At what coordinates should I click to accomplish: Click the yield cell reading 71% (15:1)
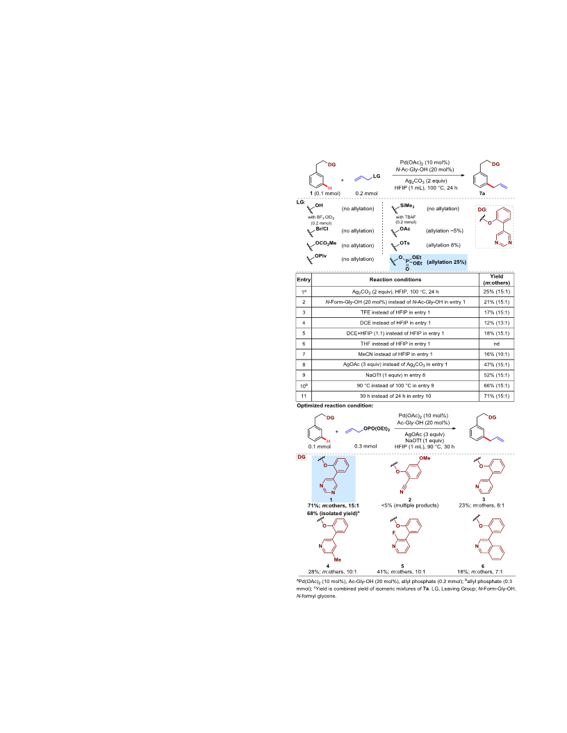(496, 396)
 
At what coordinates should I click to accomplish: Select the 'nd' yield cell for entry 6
(496, 344)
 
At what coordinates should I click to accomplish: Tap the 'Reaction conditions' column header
(395, 280)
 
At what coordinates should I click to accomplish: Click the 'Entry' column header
(304, 280)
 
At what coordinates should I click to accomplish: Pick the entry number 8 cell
(304, 364)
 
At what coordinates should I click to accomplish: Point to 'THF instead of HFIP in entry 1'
(395, 344)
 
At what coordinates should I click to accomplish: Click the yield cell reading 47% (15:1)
(496, 364)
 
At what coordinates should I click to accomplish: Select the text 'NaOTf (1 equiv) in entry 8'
(395, 375)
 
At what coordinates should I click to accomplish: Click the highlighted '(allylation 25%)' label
(446, 262)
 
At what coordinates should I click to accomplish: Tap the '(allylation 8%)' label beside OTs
(443, 245)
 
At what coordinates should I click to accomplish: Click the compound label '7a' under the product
(482, 193)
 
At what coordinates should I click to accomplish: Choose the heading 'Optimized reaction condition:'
(335, 406)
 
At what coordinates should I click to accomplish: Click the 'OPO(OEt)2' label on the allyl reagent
(377, 429)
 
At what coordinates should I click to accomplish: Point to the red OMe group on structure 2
(425, 458)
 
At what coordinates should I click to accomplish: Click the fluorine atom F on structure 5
(394, 533)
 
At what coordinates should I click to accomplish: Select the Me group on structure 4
(337, 559)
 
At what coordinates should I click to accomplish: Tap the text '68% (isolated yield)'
(333, 513)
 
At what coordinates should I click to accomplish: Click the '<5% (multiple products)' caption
(410, 505)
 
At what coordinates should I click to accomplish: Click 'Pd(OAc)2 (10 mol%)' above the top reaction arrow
(425, 162)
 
